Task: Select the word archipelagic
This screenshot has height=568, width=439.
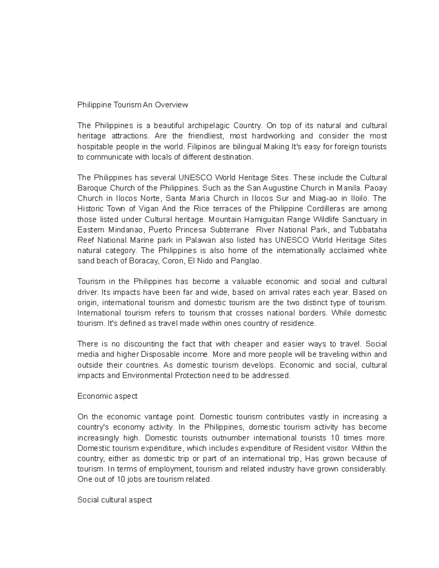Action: tap(209, 126)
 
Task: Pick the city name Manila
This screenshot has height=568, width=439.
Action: tap(349, 188)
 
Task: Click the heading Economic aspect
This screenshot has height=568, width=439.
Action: tap(108, 396)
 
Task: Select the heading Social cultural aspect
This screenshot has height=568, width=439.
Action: tap(115, 500)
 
